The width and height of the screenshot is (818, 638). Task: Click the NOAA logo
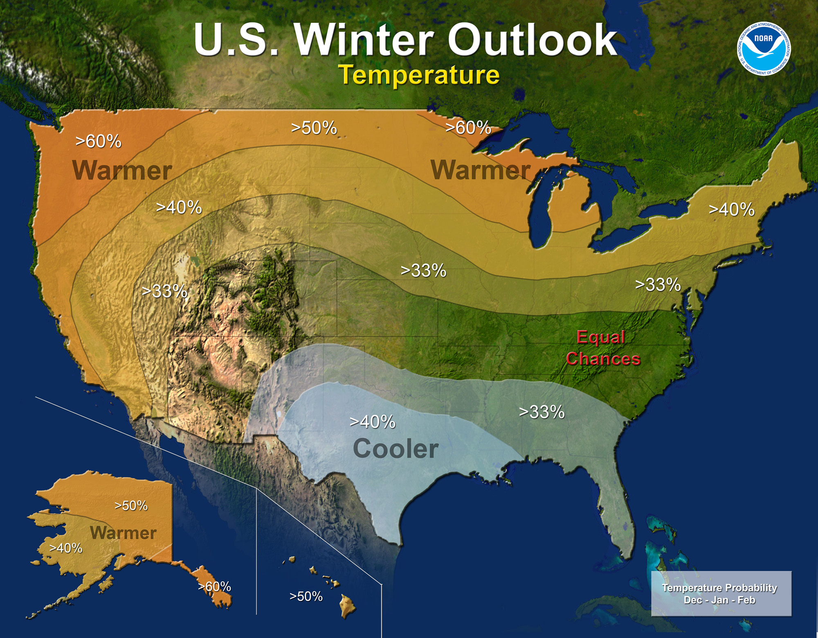coord(764,49)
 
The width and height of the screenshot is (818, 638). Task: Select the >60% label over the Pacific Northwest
coord(99,141)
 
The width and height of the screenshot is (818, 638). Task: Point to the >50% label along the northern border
coord(314,128)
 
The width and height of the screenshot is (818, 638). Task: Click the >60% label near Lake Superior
coord(468,128)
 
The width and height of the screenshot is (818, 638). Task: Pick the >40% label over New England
coord(731,210)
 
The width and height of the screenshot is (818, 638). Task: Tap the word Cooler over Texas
coord(395,449)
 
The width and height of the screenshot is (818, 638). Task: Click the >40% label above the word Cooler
coord(372,422)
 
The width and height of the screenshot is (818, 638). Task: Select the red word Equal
coord(600,337)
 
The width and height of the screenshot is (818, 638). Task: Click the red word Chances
coord(603,359)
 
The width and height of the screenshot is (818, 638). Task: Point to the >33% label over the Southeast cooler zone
coord(542,412)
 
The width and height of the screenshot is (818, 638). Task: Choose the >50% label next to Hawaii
coord(306,596)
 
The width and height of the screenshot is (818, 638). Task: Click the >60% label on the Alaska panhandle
coord(214,587)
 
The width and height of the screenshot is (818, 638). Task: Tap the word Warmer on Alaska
coord(123,533)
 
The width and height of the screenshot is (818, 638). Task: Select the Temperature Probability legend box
coord(721,593)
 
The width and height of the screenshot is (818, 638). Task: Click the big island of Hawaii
coord(348,606)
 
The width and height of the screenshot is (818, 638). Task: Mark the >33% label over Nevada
coord(164,291)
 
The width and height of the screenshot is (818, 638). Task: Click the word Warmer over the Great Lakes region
coord(480,170)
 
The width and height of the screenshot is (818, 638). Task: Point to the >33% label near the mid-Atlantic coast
coord(658,284)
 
